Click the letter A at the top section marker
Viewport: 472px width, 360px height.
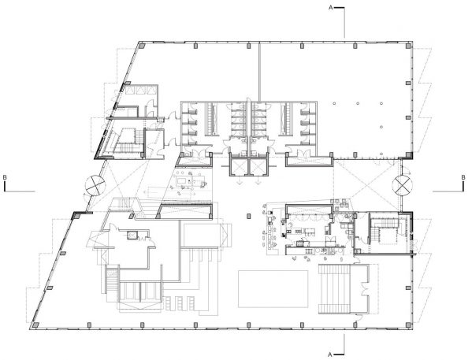(x=331, y=7)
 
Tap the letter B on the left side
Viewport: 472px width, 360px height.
(x=6, y=178)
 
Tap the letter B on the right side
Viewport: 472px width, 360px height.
(x=466, y=178)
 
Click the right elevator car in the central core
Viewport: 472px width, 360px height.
(x=258, y=167)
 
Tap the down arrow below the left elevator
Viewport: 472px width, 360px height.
(x=239, y=180)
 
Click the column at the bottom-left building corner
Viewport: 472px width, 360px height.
(x=35, y=325)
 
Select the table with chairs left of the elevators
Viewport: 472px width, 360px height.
(x=188, y=182)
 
